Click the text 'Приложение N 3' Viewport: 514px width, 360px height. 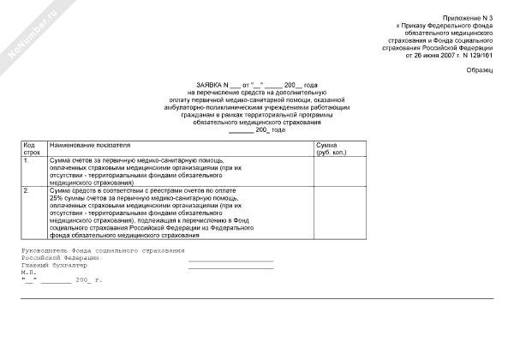click(469, 18)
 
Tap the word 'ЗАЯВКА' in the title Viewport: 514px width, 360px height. click(207, 85)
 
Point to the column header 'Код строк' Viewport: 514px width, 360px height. click(32, 148)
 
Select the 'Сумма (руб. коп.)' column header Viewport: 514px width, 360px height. click(332, 148)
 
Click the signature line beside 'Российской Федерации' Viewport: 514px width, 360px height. click(230, 260)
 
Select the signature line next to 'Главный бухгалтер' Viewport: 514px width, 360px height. click(230, 267)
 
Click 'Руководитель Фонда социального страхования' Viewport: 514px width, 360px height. click(102, 249)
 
